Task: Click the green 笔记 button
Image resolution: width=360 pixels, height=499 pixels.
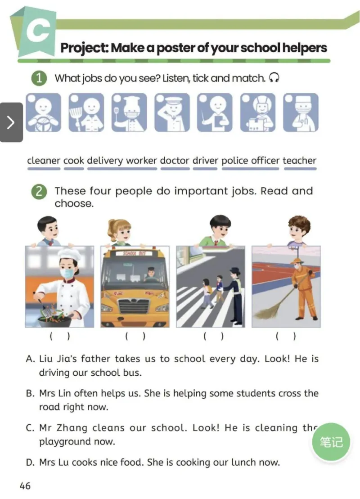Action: [x=331, y=442]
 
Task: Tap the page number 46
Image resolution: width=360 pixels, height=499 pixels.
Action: [x=25, y=486]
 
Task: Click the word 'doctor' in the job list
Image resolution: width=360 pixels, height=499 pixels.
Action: [x=175, y=161]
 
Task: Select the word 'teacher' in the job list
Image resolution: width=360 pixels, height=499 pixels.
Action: [x=299, y=161]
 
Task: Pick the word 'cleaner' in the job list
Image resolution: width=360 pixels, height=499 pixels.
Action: [x=44, y=161]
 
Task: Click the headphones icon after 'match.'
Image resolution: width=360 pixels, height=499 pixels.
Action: [x=274, y=78]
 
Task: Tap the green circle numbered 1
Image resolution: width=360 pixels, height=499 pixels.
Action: [x=40, y=78]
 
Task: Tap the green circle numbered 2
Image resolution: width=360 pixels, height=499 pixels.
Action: [x=40, y=192]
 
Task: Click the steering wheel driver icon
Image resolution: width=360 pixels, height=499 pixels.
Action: [x=43, y=112]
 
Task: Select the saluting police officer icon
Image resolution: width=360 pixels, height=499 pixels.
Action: [x=172, y=112]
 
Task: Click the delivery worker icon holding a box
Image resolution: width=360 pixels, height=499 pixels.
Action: [x=257, y=112]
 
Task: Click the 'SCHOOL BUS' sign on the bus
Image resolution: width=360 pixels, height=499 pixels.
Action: [x=135, y=254]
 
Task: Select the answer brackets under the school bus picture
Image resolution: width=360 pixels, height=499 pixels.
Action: [x=135, y=336]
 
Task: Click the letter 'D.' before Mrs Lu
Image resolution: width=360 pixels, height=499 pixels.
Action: [x=31, y=462]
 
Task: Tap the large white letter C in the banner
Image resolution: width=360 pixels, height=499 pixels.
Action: [x=37, y=31]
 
